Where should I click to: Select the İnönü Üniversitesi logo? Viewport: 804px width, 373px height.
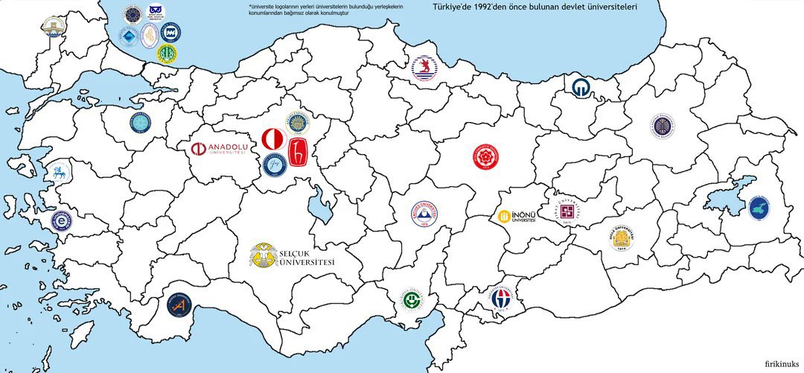[x=517, y=217]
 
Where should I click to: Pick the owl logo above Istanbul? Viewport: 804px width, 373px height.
[x=155, y=10]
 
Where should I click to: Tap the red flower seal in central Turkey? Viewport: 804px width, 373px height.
[x=485, y=156]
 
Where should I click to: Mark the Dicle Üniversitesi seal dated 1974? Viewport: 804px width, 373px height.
[x=624, y=237]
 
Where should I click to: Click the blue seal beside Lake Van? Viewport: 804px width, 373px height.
[x=759, y=208]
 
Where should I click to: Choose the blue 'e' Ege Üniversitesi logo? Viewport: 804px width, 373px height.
[x=60, y=220]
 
